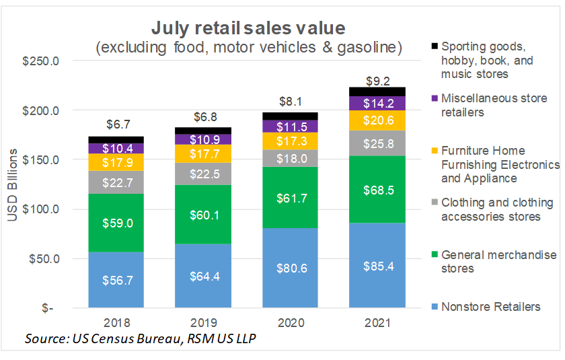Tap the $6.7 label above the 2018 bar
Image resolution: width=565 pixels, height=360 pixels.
click(x=118, y=124)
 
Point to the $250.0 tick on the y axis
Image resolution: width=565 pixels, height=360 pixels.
click(x=42, y=61)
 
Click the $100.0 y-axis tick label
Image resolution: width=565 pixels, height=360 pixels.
click(x=42, y=209)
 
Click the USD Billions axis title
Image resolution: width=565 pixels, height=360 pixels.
click(x=13, y=183)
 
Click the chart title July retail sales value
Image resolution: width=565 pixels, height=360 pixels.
click(x=248, y=28)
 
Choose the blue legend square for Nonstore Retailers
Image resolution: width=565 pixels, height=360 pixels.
click(x=435, y=308)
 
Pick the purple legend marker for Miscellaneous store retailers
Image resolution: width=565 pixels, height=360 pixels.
click(x=435, y=98)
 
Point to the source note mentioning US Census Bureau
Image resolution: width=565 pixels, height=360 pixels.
click(x=140, y=338)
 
